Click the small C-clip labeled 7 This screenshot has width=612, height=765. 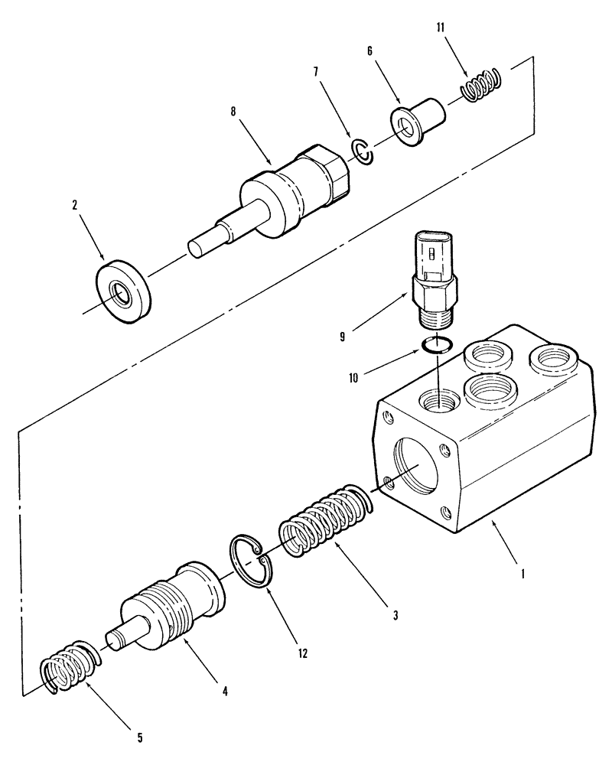pos(362,150)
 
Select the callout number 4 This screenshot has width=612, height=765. pos(226,691)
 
